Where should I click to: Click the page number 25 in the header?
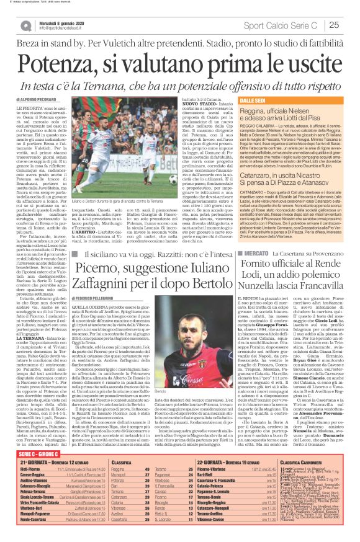[350, 25]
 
